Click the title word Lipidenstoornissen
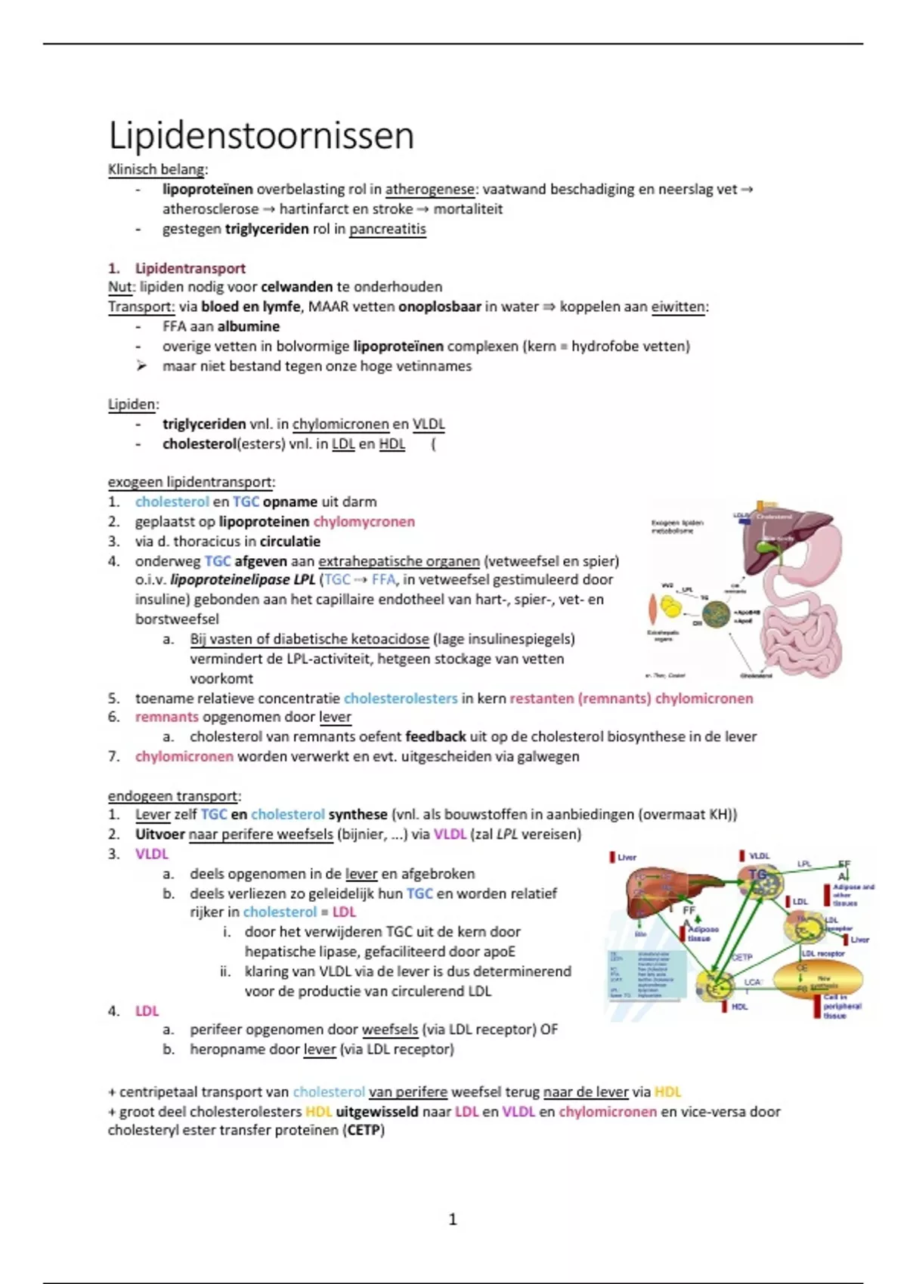(262, 136)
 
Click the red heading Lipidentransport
(190, 268)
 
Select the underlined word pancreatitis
(387, 229)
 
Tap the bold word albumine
(249, 326)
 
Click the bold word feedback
(435, 736)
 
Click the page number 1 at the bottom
(453, 1219)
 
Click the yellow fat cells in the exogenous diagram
(671, 606)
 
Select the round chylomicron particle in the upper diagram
(715, 613)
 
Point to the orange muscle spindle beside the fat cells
(652, 609)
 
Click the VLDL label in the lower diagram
(759, 856)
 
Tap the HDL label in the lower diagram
(739, 1007)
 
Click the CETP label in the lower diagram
(742, 957)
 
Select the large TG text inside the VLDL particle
(757, 875)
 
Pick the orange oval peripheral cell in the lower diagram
(818, 980)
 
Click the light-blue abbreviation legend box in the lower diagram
(648, 974)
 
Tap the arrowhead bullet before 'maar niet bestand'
(141, 366)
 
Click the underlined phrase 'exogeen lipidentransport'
(191, 482)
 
